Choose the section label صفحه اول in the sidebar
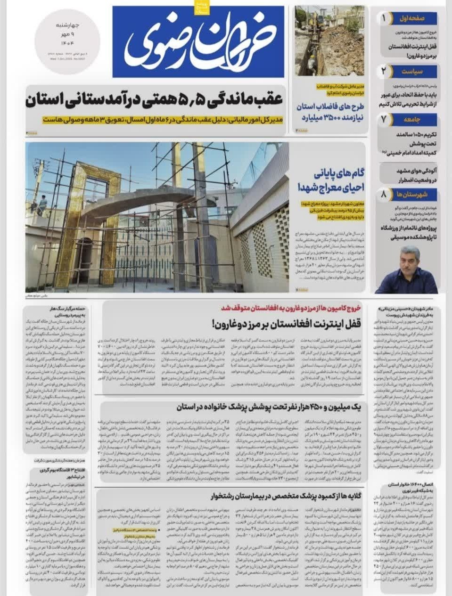[413, 18]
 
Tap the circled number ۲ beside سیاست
[384, 72]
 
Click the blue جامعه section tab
[413, 120]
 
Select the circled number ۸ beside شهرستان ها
[384, 194]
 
